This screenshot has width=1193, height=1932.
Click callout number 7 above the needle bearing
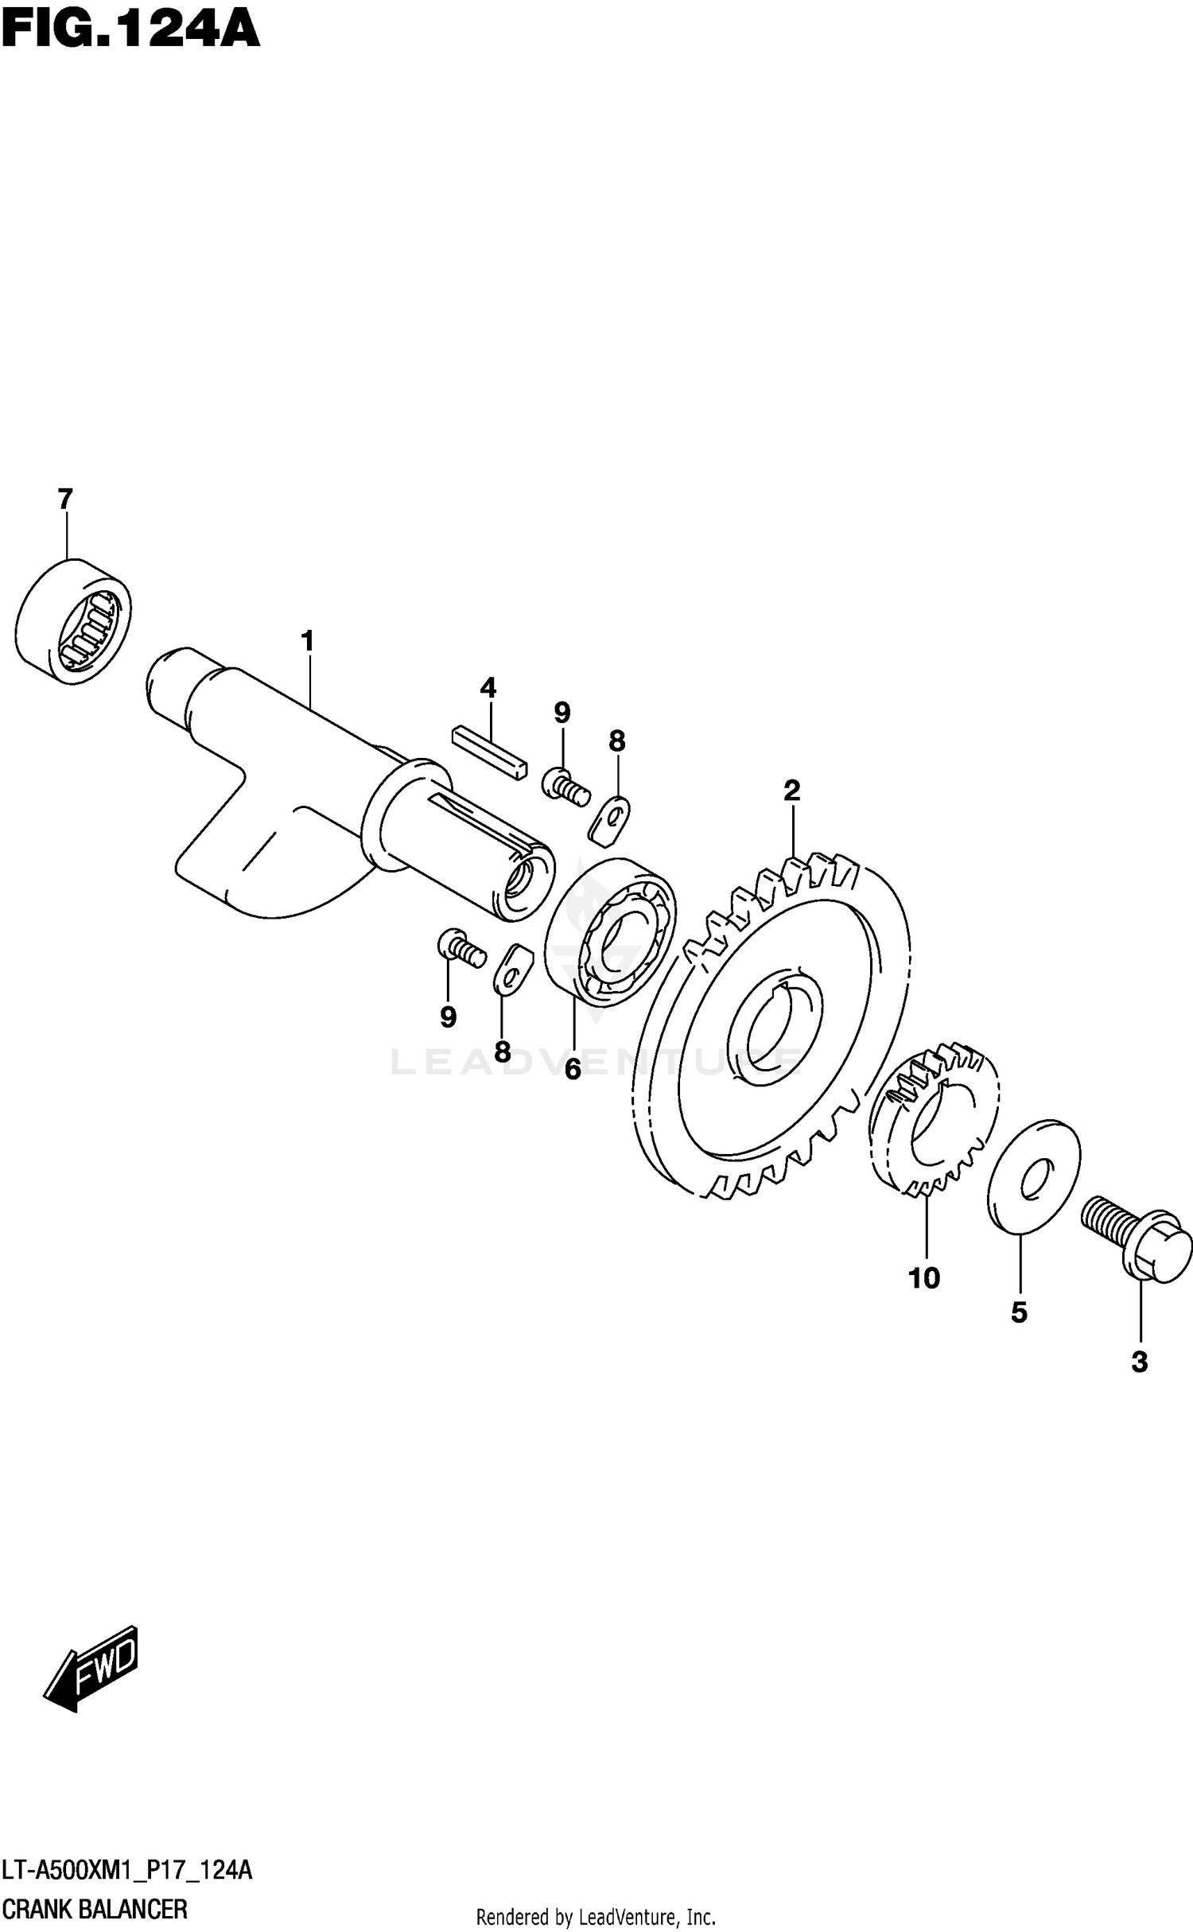65,500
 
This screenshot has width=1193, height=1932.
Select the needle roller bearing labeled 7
73,621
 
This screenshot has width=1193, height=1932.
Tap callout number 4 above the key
488,687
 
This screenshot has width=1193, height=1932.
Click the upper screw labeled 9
565,784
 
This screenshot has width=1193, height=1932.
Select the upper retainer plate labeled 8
611,819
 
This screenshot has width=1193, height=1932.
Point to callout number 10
924,1278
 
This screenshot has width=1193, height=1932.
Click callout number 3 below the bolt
1139,1363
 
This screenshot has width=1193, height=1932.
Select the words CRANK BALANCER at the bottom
95,1908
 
